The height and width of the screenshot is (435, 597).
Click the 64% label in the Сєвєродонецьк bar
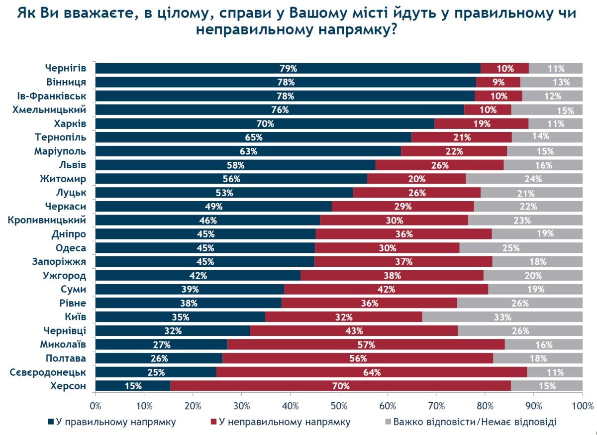coord(372,372)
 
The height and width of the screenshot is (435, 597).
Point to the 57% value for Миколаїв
coord(366,344)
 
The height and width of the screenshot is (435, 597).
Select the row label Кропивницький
coord(48,219)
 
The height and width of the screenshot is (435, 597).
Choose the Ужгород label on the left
coord(66,275)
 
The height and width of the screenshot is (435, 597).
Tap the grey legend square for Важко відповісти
coord(388,422)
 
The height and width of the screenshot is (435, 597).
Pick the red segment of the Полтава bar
coord(357,358)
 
